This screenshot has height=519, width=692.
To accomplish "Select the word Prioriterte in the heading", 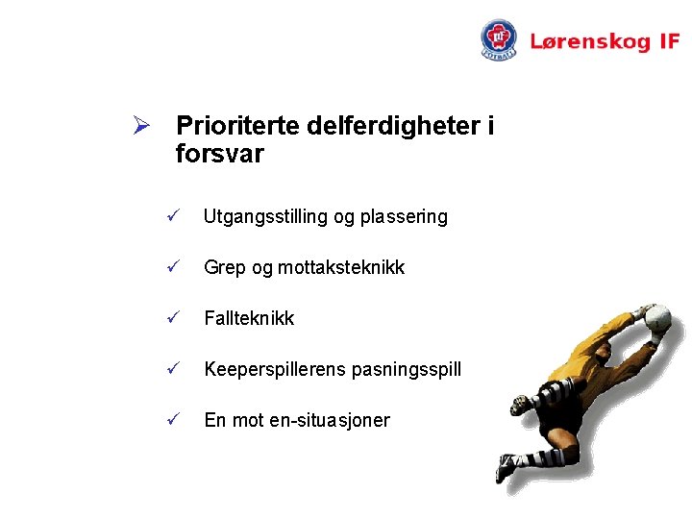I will click(x=238, y=126).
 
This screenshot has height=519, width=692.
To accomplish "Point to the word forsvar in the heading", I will click(x=220, y=154).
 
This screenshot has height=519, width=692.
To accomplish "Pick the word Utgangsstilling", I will click(x=265, y=217).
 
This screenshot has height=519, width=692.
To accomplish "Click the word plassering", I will click(x=404, y=217).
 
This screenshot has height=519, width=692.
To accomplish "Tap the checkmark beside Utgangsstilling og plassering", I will click(x=173, y=216).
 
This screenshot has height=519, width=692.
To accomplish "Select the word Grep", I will click(x=225, y=268).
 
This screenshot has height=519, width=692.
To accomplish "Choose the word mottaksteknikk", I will click(x=341, y=268).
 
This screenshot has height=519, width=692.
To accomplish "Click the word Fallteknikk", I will click(x=249, y=318).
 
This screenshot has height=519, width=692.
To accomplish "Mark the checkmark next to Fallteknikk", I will click(x=173, y=317).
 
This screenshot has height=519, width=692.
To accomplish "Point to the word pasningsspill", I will click(x=408, y=369).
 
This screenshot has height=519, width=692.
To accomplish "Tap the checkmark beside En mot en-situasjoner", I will click(x=173, y=419).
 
